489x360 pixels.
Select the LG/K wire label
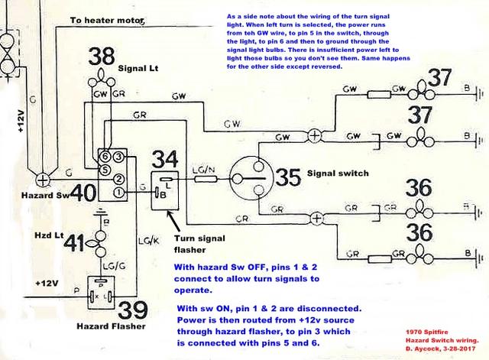point(150,240)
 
